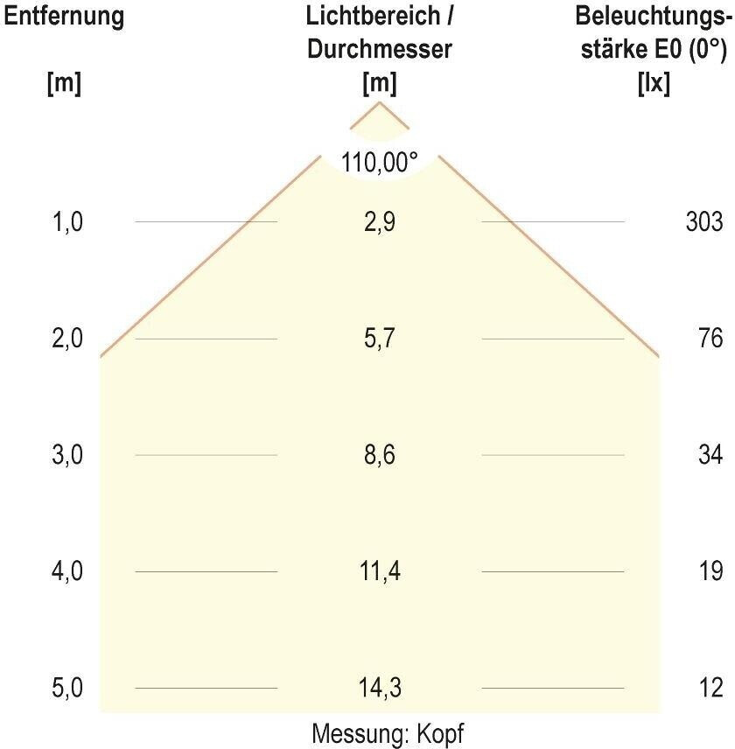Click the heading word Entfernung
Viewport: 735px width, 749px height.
pyautogui.click(x=64, y=16)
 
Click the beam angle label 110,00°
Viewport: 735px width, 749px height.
pyautogui.click(x=380, y=162)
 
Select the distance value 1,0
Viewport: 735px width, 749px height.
pyautogui.click(x=68, y=222)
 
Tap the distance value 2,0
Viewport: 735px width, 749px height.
pyautogui.click(x=68, y=339)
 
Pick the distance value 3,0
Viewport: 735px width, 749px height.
pyautogui.click(x=68, y=455)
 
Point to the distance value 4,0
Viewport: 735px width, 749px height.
pyautogui.click(x=68, y=572)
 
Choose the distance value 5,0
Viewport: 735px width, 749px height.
pyautogui.click(x=68, y=689)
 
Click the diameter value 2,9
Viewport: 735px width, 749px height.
pyautogui.click(x=380, y=222)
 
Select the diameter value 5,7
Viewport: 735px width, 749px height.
pyautogui.click(x=380, y=339)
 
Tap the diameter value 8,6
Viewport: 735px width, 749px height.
pyautogui.click(x=380, y=455)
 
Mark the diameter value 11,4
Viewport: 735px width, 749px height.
pyautogui.click(x=380, y=572)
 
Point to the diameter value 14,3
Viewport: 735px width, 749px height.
pyautogui.click(x=380, y=689)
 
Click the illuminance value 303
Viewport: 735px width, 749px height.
pyautogui.click(x=705, y=222)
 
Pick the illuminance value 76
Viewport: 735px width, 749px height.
pyautogui.click(x=711, y=339)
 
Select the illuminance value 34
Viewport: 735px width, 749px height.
pyautogui.click(x=711, y=455)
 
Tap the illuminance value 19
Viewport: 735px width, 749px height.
pyautogui.click(x=711, y=572)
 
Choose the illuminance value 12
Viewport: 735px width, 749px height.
pyautogui.click(x=711, y=689)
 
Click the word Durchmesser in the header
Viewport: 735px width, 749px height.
pyautogui.click(x=380, y=50)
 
